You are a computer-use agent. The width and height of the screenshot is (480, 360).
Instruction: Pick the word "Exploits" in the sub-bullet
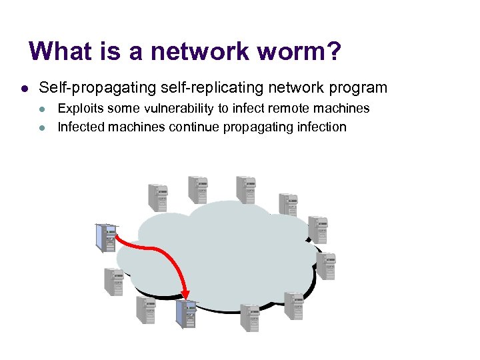pos(80,108)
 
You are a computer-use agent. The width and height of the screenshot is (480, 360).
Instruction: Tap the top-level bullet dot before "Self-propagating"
pos(23,88)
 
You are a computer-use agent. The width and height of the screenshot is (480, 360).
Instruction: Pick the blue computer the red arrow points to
pos(186,314)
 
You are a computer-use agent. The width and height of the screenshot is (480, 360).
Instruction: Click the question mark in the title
pos(332,51)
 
